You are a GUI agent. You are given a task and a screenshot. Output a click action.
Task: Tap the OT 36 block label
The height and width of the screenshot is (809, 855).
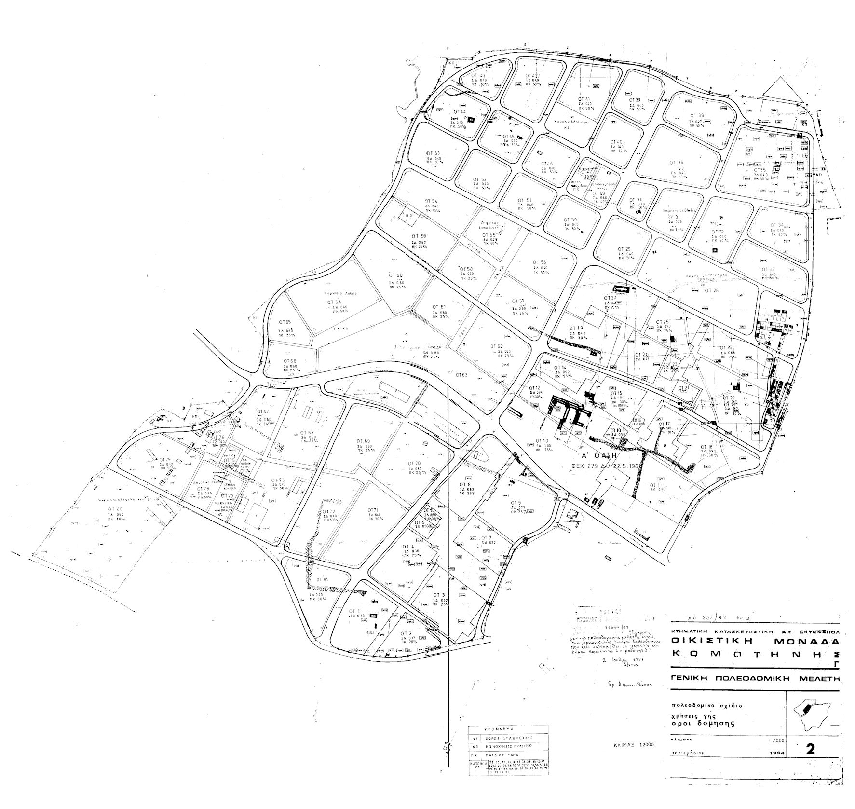[677, 163]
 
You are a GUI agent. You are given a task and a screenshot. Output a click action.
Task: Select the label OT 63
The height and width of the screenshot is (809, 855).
[461, 375]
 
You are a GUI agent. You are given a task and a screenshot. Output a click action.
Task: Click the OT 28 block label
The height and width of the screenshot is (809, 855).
[711, 290]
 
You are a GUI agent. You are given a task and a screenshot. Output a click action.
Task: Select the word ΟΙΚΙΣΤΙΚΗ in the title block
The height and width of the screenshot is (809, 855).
[711, 641]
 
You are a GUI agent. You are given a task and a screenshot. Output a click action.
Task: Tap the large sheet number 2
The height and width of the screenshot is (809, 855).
[810, 749]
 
